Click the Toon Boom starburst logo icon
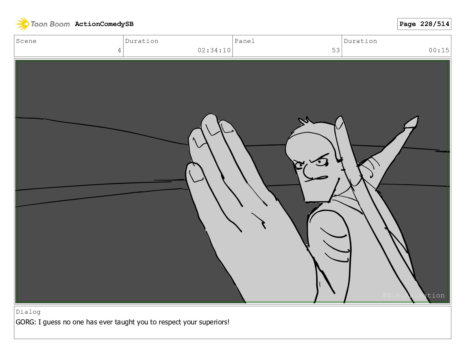coord(22,24)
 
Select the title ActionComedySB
coord(104,24)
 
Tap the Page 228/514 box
coord(424,24)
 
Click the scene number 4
coord(119,50)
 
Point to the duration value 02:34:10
coord(214,50)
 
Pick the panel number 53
coord(336,50)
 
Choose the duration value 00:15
coord(439,50)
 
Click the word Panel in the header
coord(245,41)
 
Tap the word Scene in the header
coord(26,41)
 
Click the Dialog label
coord(28,312)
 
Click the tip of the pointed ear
coord(417,117)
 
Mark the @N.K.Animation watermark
coord(414,295)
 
